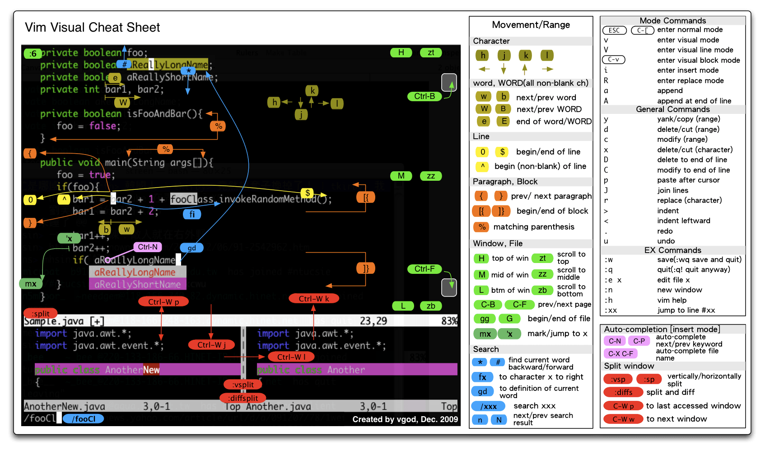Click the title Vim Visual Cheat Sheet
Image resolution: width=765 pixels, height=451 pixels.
coord(93,28)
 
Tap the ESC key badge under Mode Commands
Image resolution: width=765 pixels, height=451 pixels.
coord(614,30)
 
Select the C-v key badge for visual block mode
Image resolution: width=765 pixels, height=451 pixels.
coord(613,60)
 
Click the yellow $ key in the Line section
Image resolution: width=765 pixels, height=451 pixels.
coord(502,152)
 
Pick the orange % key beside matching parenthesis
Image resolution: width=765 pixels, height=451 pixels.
coord(482,227)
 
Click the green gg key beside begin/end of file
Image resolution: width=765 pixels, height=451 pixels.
coord(484,319)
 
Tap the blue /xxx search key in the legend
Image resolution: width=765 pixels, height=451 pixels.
coord(488,406)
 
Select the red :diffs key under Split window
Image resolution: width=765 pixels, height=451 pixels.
coord(624,392)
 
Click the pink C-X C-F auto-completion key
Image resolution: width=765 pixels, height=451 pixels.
coord(620,353)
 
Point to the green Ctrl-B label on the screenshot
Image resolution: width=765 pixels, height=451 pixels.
coord(424,96)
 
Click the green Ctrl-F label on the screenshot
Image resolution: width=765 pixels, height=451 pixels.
coord(424,269)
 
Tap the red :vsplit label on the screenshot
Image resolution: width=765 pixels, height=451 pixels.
coord(243,385)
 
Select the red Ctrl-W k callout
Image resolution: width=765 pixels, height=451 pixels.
coord(313,298)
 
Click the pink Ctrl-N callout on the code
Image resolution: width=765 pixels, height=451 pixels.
coord(148,247)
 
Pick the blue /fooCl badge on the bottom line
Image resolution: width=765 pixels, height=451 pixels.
coord(84,419)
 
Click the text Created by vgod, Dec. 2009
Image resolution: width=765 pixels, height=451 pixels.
coord(405,419)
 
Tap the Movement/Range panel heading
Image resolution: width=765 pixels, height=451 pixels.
coord(531,25)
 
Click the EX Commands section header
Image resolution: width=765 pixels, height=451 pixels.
coord(672,250)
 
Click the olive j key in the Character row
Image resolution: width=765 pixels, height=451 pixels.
coord(504,56)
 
